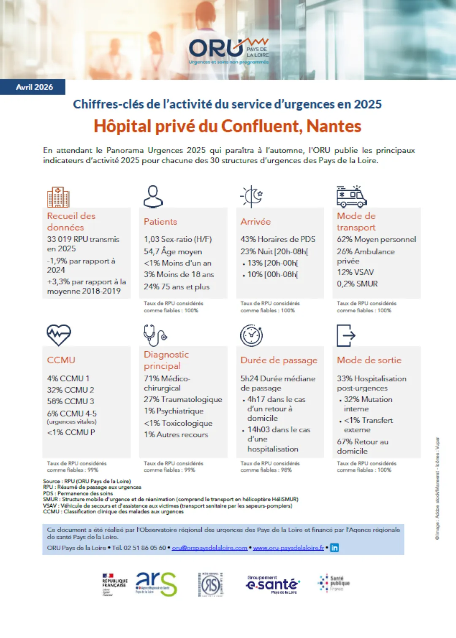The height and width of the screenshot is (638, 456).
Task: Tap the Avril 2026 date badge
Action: click(34, 87)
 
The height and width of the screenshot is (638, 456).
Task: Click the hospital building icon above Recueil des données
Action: click(58, 197)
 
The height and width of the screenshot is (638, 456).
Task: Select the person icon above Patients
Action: click(153, 197)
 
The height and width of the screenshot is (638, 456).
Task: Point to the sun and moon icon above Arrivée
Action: click(252, 196)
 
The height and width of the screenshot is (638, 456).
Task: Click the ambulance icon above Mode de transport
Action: click(351, 197)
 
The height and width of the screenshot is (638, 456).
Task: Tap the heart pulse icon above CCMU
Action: click(59, 335)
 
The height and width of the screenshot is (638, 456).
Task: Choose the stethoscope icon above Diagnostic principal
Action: click(155, 335)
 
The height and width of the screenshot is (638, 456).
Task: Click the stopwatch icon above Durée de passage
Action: click(252, 335)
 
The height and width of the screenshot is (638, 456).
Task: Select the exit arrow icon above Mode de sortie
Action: click(346, 335)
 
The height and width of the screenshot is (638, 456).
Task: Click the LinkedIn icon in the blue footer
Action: click(334, 548)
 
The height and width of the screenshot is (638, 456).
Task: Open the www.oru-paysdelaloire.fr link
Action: click(288, 548)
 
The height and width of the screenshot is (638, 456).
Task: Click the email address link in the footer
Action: click(209, 548)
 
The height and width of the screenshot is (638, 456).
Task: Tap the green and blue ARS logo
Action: click(156, 584)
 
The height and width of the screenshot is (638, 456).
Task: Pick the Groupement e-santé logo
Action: click(272, 584)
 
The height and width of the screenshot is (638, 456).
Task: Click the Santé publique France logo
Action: click(334, 583)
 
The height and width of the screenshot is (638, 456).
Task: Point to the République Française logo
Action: click(114, 584)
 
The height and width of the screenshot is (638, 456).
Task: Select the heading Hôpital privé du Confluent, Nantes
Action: click(228, 126)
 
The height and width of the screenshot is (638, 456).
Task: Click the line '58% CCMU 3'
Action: click(71, 401)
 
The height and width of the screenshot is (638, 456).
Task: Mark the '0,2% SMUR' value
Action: click(357, 284)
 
